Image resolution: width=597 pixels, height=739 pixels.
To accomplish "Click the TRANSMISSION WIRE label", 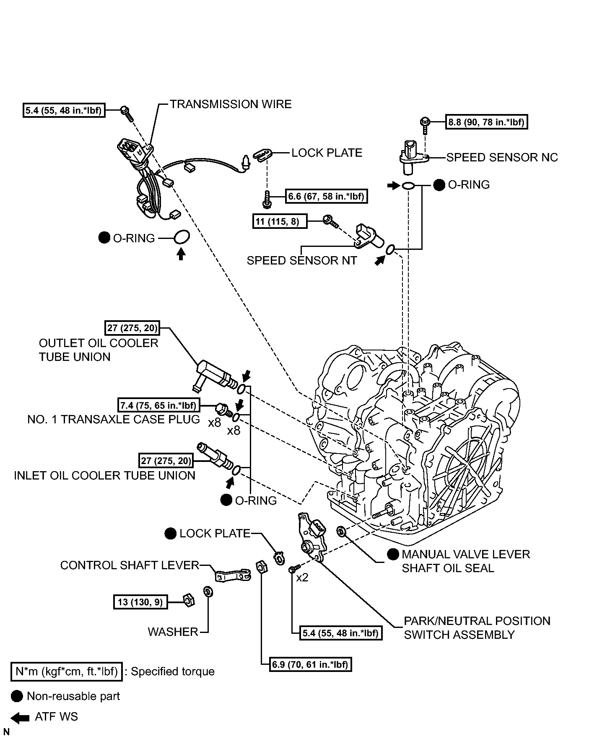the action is point(231,104).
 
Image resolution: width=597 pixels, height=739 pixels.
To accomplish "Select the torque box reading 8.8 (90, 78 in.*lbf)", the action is point(486,122).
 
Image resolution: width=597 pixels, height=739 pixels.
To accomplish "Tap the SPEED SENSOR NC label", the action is point(502,158).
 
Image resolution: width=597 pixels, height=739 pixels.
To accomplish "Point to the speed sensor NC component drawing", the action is point(413,157).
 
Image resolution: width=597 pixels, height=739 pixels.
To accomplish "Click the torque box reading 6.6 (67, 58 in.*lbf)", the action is point(327,196).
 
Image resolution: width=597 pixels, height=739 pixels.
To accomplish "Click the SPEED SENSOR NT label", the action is point(302,260).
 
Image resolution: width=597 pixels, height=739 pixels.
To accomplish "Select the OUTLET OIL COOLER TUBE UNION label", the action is point(99,350).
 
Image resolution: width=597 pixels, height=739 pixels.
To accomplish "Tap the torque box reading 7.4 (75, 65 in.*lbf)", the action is point(158,405).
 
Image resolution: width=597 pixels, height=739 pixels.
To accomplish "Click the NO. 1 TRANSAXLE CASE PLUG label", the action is point(114,419).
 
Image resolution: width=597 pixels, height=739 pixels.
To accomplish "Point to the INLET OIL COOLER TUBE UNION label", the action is point(105,475).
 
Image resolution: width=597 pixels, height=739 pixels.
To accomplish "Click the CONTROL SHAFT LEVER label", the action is point(130,565).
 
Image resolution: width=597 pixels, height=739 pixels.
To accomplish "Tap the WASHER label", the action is point(173,632).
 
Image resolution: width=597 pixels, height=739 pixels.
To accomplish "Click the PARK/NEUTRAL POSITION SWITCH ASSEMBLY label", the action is point(477,628).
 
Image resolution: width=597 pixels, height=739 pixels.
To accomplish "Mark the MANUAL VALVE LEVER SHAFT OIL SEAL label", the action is point(466,561).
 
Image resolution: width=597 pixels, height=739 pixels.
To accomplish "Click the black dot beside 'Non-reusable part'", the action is point(17,696).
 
